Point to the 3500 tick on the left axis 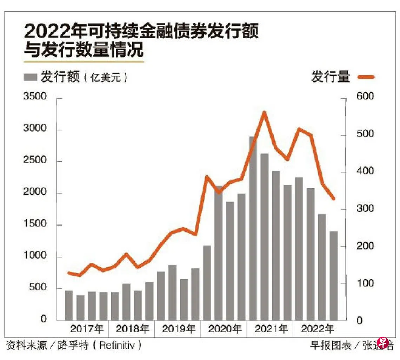[35, 96]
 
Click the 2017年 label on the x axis [87, 329]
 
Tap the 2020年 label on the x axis [225, 329]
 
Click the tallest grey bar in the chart [253, 228]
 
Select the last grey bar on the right [333, 276]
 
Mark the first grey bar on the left [69, 305]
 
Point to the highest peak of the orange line [265, 112]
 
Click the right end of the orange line [334, 199]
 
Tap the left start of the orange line [68, 273]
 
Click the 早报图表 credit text [331, 345]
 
